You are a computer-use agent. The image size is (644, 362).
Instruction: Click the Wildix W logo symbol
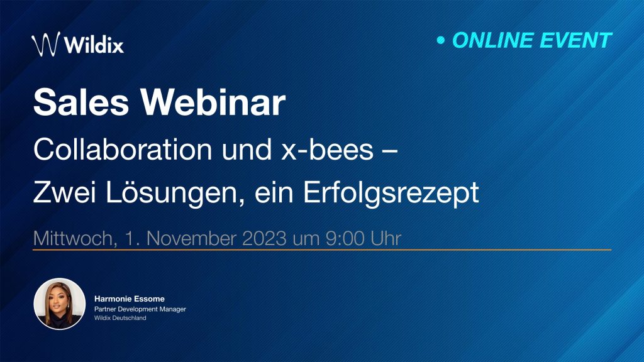45,44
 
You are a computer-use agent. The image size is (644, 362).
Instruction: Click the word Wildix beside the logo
94,45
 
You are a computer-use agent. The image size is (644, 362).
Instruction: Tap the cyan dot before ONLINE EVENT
441,40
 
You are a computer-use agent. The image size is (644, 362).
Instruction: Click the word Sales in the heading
81,102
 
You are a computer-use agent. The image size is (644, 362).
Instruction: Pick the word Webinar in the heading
213,102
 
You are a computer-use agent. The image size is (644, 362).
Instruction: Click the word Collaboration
123,149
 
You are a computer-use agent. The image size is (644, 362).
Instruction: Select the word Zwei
65,192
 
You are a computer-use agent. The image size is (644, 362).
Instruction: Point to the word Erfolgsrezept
391,193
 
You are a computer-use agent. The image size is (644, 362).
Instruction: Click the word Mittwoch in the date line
75,238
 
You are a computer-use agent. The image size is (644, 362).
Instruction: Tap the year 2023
264,238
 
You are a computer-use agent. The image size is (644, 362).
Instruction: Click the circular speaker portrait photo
60,304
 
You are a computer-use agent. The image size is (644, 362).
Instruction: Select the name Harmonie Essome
130,299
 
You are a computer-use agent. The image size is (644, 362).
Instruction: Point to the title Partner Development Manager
140,309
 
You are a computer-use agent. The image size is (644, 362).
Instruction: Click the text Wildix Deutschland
120,318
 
